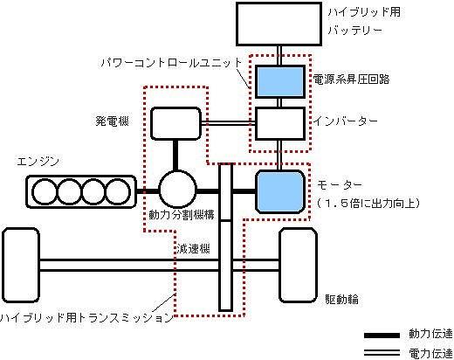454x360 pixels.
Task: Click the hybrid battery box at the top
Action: pyautogui.click(x=279, y=24)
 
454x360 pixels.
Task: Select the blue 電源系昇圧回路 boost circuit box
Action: pyautogui.click(x=280, y=81)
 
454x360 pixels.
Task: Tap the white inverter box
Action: pyautogui.click(x=280, y=123)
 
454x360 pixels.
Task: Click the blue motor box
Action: pyautogui.click(x=280, y=191)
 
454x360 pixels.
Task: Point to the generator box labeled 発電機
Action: pyautogui.click(x=176, y=123)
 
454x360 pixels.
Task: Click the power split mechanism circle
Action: pyautogui.click(x=177, y=189)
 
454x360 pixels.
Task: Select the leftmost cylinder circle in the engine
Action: pyautogui.click(x=45, y=191)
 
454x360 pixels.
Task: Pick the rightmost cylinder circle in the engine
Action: pyautogui.click(x=117, y=191)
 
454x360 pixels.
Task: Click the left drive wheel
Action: pyautogui.click(x=21, y=265)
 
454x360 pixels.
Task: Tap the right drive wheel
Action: pyautogui.click(x=298, y=265)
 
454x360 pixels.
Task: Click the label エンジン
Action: pyautogui.click(x=38, y=161)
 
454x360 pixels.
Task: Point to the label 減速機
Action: pyautogui.click(x=193, y=249)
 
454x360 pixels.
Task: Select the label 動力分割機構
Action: pyautogui.click(x=182, y=215)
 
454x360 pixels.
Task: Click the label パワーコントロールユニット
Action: pyautogui.click(x=171, y=63)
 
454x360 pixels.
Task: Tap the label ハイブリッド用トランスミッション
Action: pyautogui.click(x=86, y=317)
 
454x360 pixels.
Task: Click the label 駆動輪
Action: pyautogui.click(x=341, y=300)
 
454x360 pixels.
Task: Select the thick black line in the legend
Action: pyautogui.click(x=382, y=336)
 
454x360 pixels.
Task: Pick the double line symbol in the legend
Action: pyautogui.click(x=382, y=353)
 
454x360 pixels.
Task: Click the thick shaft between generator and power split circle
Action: pyautogui.click(x=175, y=155)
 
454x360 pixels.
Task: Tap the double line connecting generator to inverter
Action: pyautogui.click(x=228, y=123)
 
